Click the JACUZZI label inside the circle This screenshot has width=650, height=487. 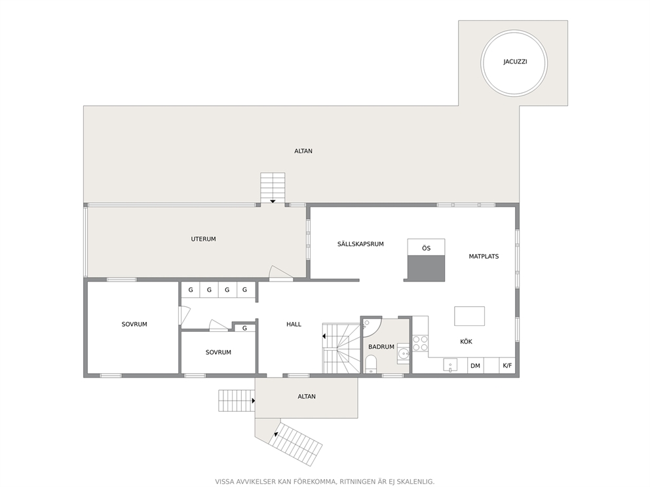click(515, 62)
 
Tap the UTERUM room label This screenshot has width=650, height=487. click(203, 239)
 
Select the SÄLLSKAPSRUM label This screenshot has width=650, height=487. click(360, 244)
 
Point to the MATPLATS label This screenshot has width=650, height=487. click(484, 257)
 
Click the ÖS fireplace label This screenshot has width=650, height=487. click(426, 248)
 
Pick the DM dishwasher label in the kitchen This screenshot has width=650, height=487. click(475, 366)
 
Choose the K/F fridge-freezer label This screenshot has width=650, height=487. click(507, 366)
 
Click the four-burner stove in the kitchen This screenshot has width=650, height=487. click(420, 343)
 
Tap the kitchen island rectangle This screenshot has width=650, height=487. click(469, 316)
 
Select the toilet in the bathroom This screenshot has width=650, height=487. click(371, 363)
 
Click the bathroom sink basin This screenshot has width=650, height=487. click(403, 353)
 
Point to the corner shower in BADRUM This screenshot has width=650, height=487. click(372, 327)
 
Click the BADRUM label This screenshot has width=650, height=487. click(381, 347)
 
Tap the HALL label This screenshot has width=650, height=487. click(294, 324)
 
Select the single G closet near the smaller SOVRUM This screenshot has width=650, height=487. click(244, 328)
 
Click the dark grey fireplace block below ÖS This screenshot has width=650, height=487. click(426, 268)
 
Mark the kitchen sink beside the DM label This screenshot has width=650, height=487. click(450, 365)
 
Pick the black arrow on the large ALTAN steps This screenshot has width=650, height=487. click(273, 201)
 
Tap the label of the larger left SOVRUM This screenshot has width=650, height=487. click(134, 324)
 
